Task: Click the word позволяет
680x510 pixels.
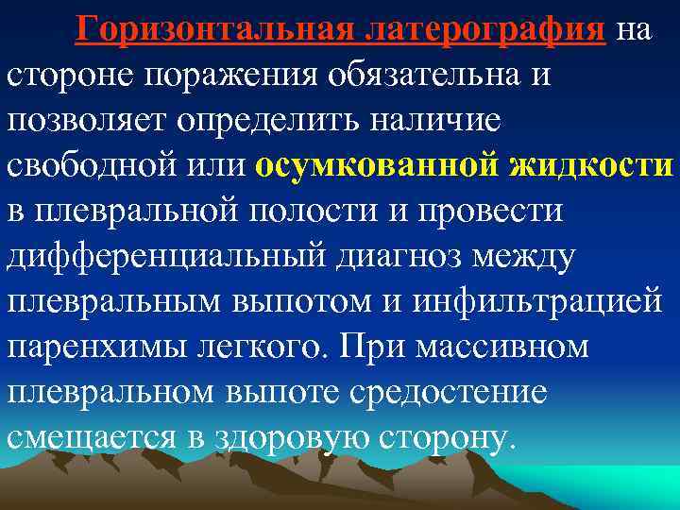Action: pyautogui.click(x=85, y=120)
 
